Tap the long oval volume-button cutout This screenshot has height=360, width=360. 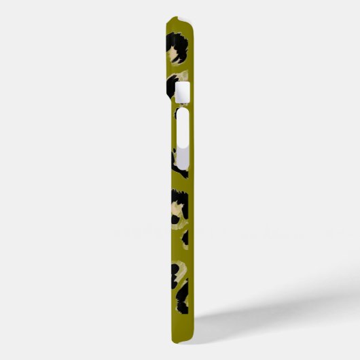tap(183, 139)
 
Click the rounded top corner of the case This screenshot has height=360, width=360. tap(193, 24)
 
